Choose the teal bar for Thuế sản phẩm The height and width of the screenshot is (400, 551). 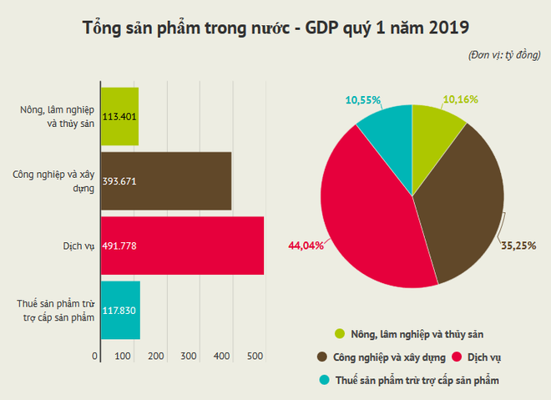click(x=120, y=310)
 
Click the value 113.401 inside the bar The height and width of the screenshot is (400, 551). click(x=119, y=117)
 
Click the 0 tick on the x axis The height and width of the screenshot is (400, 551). click(x=95, y=357)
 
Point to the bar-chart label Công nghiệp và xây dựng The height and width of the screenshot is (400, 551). click(x=55, y=180)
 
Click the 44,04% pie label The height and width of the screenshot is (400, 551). click(x=301, y=246)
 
